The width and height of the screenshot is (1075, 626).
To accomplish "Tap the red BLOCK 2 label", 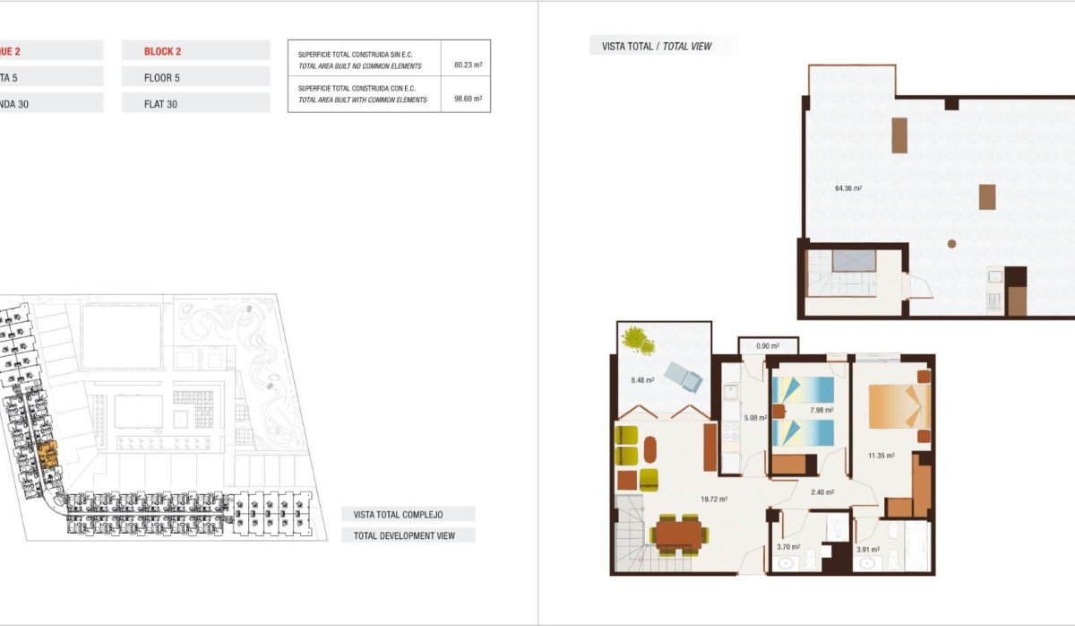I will point(163,51).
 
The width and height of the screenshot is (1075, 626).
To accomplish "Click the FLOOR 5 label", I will point(162,78).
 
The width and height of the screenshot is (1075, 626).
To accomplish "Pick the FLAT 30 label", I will point(160,104).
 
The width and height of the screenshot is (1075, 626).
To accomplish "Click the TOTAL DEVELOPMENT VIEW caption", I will point(404,536).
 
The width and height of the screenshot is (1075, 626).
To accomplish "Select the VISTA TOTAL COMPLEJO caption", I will point(399,515).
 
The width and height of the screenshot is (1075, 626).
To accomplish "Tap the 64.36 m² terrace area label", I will point(847,188).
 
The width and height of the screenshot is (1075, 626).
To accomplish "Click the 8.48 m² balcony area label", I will point(642,380).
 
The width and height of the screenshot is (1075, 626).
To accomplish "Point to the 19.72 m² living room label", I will point(714,500).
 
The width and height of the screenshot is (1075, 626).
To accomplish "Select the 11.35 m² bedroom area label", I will point(881,456).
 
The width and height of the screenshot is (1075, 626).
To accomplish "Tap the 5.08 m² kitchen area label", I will point(755,417).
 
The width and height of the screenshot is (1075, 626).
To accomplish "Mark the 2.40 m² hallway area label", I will point(822,491).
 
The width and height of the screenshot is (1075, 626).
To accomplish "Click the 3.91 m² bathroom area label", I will point(869,549).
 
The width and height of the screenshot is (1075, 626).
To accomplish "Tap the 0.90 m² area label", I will point(768,345).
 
